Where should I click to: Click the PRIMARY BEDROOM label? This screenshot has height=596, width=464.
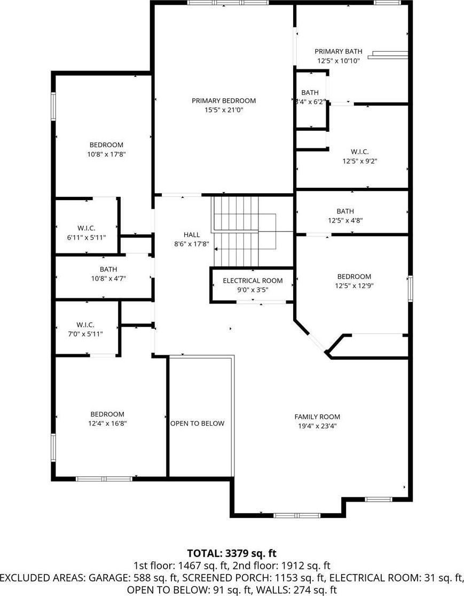(224, 101)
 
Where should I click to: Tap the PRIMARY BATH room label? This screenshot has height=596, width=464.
(339, 51)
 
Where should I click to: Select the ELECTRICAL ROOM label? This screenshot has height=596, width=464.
(253, 281)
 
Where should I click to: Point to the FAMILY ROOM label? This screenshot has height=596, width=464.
(317, 417)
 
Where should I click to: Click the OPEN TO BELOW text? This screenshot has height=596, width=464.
(198, 424)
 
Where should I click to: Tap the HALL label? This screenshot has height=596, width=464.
(192, 235)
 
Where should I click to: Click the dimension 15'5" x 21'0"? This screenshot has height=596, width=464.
(224, 110)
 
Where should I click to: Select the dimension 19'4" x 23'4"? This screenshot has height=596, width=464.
(317, 426)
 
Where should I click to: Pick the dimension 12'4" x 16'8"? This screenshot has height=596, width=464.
(107, 424)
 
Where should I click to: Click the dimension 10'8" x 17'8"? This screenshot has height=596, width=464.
(106, 154)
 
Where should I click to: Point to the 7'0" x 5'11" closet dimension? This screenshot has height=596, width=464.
(85, 334)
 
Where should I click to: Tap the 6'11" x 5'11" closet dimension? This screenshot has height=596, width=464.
(86, 237)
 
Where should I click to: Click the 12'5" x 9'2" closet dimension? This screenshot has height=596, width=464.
(360, 161)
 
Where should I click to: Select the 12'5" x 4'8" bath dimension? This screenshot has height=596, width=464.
(345, 220)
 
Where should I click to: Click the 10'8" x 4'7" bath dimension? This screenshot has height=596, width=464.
(108, 279)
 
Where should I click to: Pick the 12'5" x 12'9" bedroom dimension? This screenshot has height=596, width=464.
(354, 286)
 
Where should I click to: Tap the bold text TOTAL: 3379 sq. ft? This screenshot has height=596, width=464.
(232, 553)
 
